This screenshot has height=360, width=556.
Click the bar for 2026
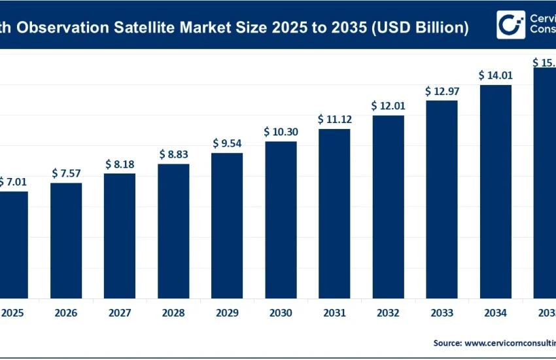click(66, 240)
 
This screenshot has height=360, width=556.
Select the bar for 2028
click(173, 230)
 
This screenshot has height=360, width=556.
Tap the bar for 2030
click(281, 219)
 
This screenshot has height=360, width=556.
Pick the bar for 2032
click(388, 206)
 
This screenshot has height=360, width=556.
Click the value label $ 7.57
click(66, 173)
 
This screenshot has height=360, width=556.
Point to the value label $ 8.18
click(120, 164)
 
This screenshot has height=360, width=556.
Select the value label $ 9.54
click(227, 143)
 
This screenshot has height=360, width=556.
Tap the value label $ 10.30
click(281, 132)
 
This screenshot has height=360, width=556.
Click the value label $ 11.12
click(334, 119)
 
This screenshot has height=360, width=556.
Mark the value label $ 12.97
click(442, 90)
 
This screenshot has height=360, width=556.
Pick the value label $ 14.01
click(495, 75)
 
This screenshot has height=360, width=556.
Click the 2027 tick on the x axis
click(120, 314)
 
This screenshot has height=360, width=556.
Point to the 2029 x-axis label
click(227, 314)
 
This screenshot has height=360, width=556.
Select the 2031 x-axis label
click(334, 314)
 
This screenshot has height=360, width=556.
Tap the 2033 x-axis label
click(442, 314)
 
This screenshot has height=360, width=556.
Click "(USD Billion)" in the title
click(415, 27)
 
